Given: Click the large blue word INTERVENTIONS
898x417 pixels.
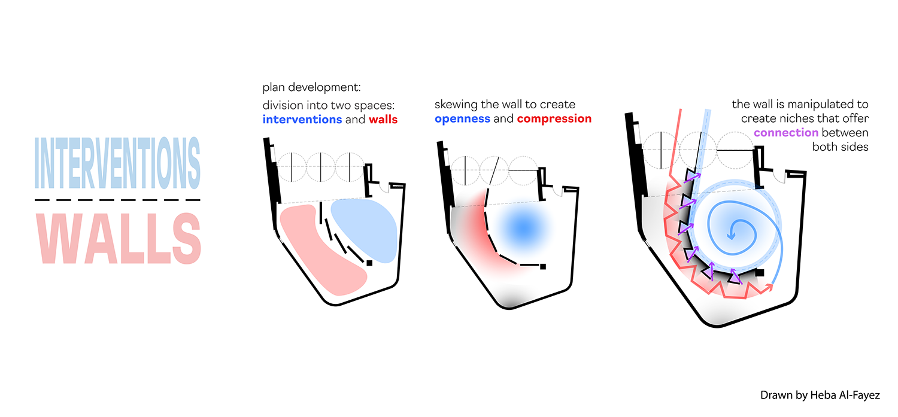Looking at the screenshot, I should pos(118,162).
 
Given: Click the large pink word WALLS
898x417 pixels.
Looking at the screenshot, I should pos(118,238).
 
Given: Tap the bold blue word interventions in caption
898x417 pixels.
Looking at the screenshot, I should pos(302,119).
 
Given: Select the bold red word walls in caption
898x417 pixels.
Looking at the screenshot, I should pos(383,119).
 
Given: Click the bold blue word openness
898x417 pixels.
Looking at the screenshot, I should pos(462,118).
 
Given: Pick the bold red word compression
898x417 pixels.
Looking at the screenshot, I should pos(554,118).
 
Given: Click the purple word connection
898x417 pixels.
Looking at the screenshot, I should pos(786,132).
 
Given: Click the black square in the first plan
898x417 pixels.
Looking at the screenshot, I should pos(370,263).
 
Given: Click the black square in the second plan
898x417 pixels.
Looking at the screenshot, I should pos(542,266).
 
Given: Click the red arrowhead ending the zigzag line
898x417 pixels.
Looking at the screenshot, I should pos(770,287).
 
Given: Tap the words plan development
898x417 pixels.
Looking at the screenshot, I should pos(311,88).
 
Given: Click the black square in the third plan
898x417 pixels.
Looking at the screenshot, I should pos(760,273).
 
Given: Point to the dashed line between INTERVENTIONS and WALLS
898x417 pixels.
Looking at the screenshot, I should pos(118,199).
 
